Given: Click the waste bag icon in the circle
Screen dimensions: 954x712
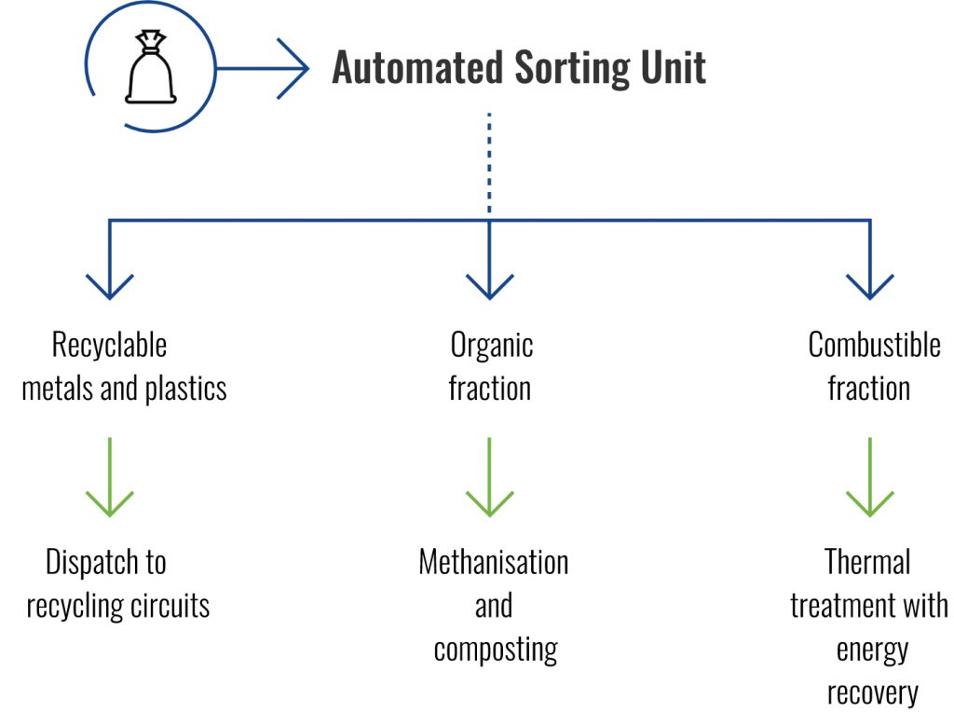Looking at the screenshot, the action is (150, 67).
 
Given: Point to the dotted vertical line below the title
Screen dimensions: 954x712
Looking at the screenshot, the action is (489, 162).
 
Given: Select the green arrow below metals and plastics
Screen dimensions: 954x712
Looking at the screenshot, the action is (110, 477).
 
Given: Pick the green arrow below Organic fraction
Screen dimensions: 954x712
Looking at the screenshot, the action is (490, 477).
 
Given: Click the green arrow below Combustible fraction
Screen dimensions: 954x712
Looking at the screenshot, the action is (870, 477).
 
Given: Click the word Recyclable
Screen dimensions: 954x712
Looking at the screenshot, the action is (110, 346).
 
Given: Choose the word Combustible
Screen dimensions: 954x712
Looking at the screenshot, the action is (874, 345).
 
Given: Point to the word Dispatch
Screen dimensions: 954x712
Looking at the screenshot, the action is (94, 563).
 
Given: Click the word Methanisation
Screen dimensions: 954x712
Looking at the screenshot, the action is (494, 562).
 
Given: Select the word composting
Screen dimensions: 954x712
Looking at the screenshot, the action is (496, 650).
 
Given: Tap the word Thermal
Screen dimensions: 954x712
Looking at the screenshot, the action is (867, 562).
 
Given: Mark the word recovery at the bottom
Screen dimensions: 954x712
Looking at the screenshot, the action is (872, 693).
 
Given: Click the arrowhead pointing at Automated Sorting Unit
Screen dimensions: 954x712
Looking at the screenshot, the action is (293, 68).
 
